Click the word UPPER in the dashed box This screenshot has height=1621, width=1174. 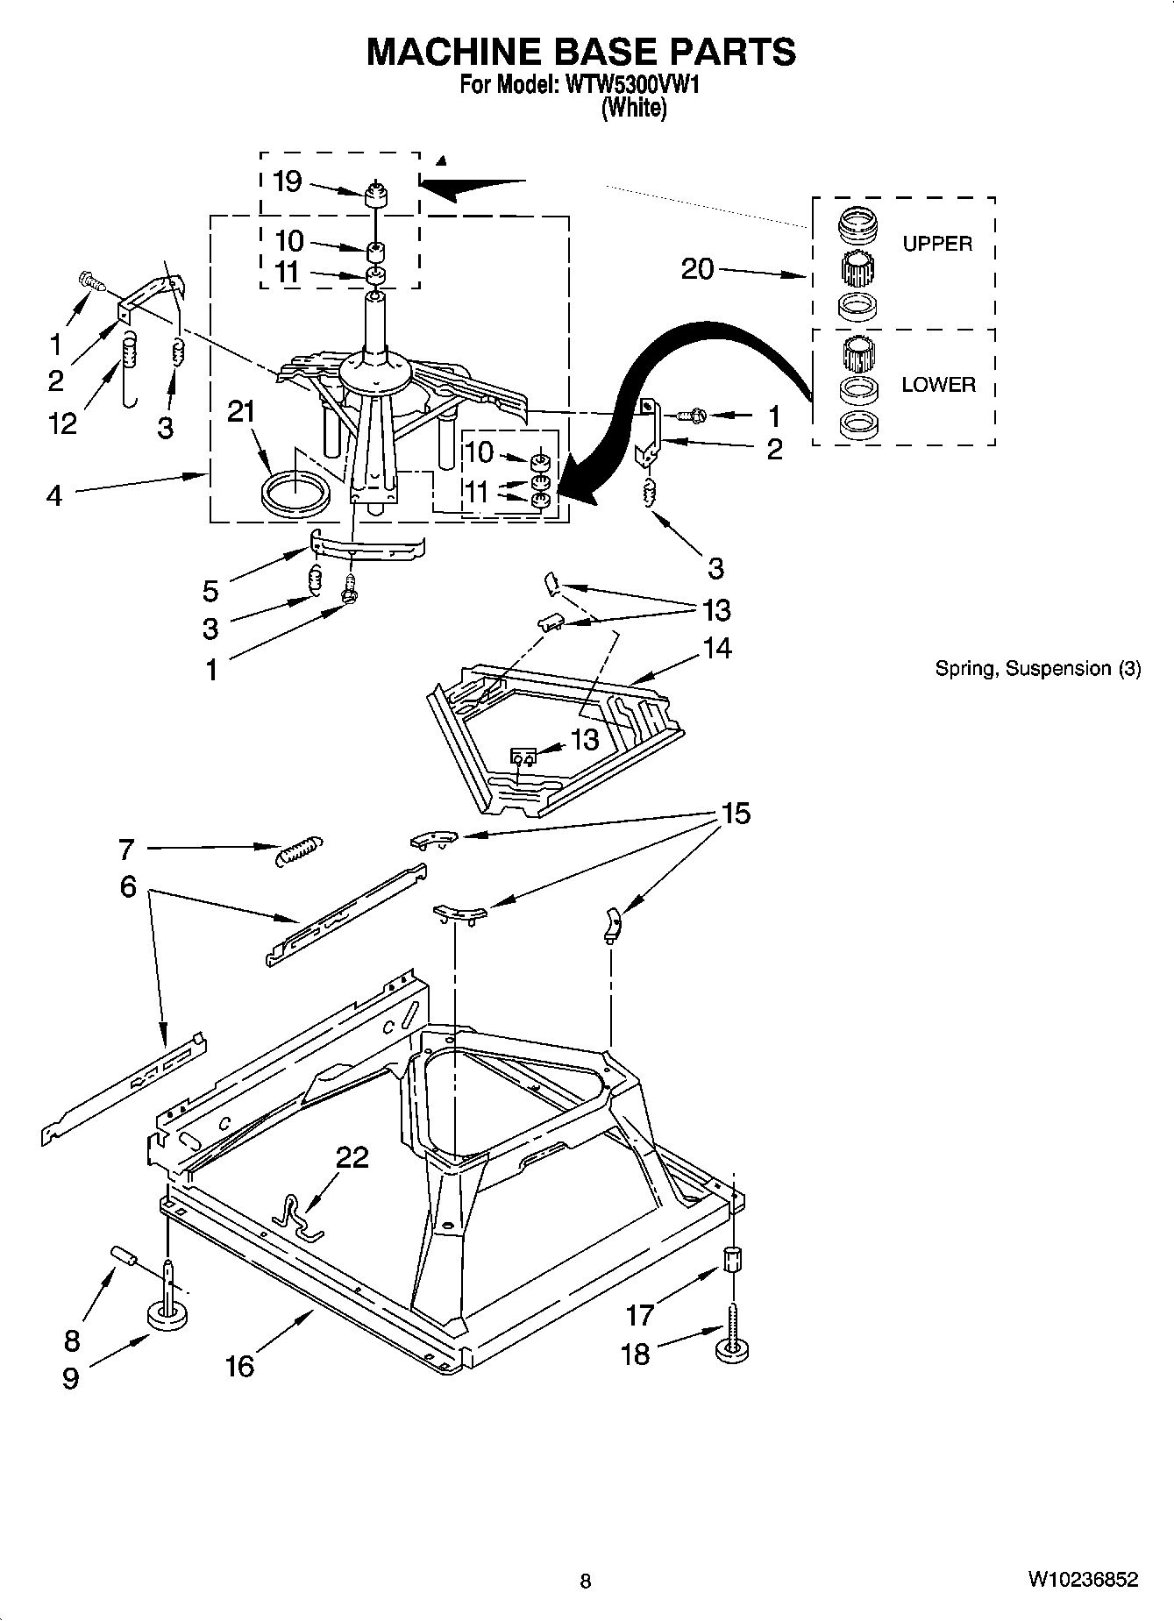[937, 244]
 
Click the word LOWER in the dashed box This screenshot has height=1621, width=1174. [938, 385]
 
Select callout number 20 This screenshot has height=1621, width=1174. [698, 268]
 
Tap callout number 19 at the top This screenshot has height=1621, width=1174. [288, 181]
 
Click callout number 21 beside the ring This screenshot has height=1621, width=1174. [241, 411]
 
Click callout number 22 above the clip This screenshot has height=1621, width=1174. [352, 1157]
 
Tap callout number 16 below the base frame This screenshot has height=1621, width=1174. [239, 1365]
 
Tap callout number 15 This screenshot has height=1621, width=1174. [736, 814]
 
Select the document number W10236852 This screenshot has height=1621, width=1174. [1083, 1580]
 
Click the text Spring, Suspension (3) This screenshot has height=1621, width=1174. [1037, 669]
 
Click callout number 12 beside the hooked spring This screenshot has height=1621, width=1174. [62, 423]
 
